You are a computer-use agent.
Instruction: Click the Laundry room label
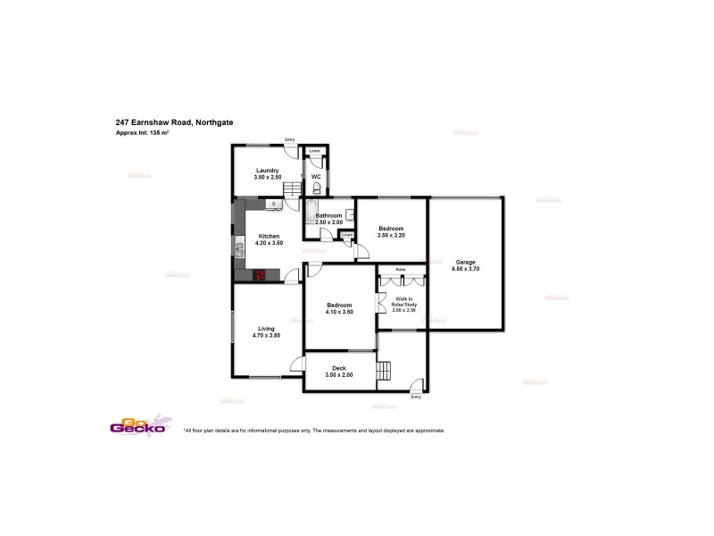(267, 170)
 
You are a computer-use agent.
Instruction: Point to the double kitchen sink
(238, 247)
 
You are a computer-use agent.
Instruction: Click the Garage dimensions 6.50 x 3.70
(466, 268)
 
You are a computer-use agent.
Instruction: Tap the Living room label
(266, 328)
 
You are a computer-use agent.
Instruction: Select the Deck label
(339, 367)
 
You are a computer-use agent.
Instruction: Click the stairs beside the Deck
(385, 371)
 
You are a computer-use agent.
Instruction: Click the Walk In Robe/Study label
(404, 302)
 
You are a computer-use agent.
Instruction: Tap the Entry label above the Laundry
(289, 139)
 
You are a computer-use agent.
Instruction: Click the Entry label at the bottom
(415, 397)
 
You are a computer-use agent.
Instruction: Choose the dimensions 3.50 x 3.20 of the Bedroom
(391, 235)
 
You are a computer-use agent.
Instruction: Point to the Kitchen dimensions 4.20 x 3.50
(269, 243)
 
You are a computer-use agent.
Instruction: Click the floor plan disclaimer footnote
(313, 430)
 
